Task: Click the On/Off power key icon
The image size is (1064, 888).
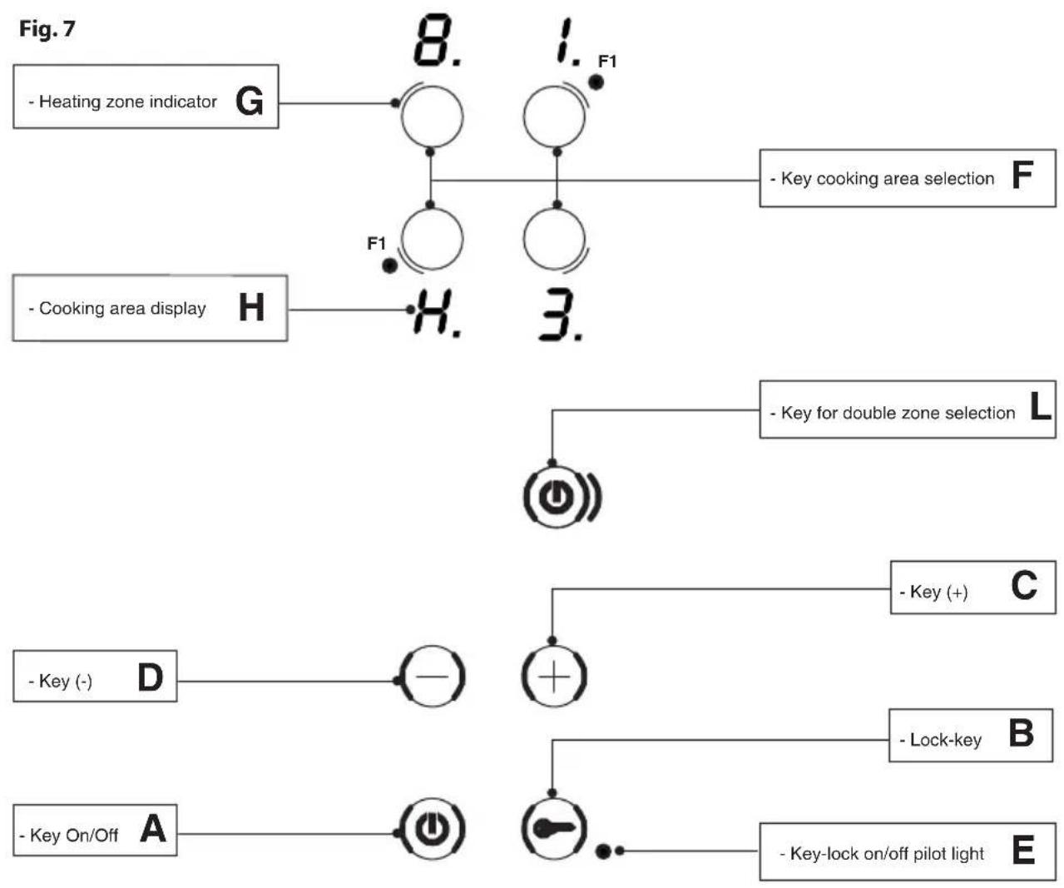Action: click(x=432, y=828)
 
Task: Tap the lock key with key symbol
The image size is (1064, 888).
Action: click(x=554, y=828)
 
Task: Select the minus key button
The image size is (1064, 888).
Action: click(x=432, y=677)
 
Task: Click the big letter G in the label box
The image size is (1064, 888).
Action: click(x=250, y=101)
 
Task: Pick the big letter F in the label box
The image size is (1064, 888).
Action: click(x=1022, y=175)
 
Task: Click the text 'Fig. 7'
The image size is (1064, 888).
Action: click(x=47, y=28)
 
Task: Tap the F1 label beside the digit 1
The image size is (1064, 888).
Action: click(x=607, y=62)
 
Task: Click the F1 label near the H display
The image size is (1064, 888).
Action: click(x=376, y=244)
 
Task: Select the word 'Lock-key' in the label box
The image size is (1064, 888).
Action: click(x=946, y=740)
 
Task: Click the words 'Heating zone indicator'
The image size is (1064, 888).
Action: click(x=128, y=102)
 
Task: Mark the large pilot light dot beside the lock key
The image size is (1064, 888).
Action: click(x=603, y=851)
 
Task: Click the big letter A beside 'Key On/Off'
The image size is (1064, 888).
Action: click(x=153, y=828)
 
